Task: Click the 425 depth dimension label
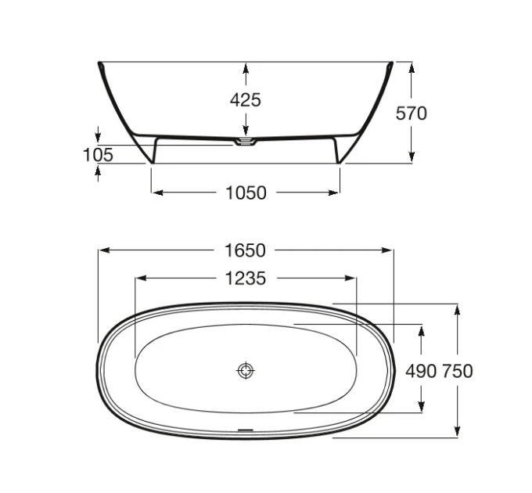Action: (x=246, y=100)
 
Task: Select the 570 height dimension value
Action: (x=411, y=113)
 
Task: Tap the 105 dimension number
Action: (x=98, y=155)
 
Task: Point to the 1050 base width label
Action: (x=246, y=193)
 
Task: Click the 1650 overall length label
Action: (x=246, y=250)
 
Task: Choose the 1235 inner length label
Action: (x=246, y=279)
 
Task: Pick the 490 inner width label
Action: (x=421, y=371)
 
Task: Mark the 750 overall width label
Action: (x=458, y=371)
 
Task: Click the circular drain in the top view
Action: (x=246, y=370)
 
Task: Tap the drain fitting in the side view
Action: (x=246, y=142)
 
